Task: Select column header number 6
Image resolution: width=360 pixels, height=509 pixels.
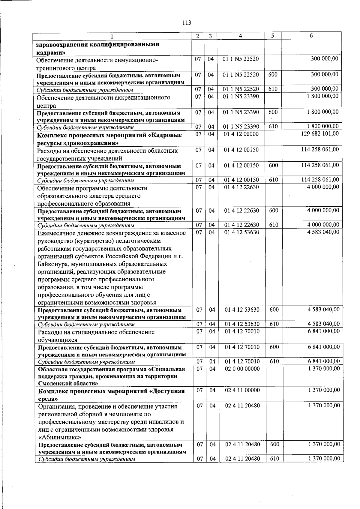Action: point(311,36)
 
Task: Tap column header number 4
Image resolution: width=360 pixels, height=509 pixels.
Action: point(241,36)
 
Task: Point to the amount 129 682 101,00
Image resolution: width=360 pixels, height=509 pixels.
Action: point(320,133)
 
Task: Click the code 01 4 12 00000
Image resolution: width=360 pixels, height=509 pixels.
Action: point(241,134)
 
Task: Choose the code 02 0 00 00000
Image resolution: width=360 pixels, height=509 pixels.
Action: point(242,369)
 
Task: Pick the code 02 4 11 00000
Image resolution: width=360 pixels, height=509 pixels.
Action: point(242,390)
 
